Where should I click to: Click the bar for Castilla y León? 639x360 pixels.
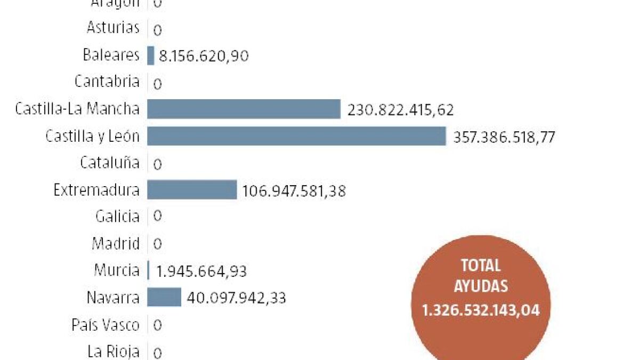click(x=296, y=136)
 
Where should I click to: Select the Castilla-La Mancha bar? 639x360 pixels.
click(x=244, y=109)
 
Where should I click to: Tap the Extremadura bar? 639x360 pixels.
click(x=192, y=190)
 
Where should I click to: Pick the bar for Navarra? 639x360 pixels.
click(x=164, y=297)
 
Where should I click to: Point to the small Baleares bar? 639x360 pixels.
click(x=151, y=55)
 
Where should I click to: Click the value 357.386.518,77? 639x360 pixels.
click(x=504, y=138)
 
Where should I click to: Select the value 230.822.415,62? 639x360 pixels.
click(x=400, y=110)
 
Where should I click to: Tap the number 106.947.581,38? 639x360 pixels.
click(x=294, y=191)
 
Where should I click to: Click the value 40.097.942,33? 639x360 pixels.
click(x=236, y=298)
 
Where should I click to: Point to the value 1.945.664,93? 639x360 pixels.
click(x=201, y=271)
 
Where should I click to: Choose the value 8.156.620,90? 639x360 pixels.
click(x=204, y=55)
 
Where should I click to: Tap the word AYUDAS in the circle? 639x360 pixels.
click(x=481, y=287)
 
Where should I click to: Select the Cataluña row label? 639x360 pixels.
click(x=110, y=163)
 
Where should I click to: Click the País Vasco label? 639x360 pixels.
click(x=106, y=325)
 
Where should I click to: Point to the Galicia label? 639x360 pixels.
click(x=117, y=217)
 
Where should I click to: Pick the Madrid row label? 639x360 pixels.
click(x=116, y=244)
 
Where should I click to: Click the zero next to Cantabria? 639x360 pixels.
click(x=157, y=84)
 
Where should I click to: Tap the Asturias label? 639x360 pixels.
click(x=112, y=28)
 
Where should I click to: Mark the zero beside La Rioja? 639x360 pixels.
click(x=157, y=353)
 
